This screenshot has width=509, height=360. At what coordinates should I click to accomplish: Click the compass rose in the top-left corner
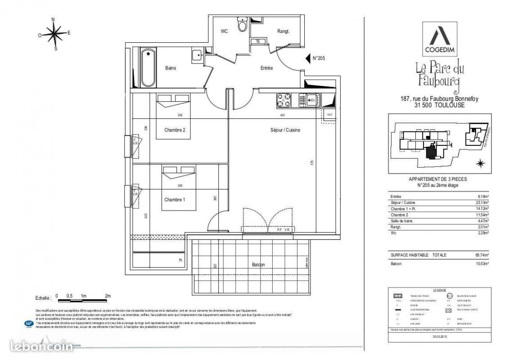point(54,33)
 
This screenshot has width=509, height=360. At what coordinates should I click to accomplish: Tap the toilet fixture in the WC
point(243,27)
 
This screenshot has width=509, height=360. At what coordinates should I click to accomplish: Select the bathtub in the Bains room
point(148,67)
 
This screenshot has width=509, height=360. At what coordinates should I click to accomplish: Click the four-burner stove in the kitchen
point(284,100)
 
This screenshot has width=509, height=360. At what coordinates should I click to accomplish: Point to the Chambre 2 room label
point(175,130)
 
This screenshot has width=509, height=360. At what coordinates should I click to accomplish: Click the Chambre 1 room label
point(175,200)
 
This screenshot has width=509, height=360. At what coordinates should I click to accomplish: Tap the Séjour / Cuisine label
point(285,130)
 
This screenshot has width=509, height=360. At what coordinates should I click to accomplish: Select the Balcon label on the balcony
point(258,265)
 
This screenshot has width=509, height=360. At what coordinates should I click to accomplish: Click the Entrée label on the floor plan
point(267,68)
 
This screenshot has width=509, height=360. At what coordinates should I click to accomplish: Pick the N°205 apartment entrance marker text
point(319,58)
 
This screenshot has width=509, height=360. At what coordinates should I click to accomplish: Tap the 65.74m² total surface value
point(482,255)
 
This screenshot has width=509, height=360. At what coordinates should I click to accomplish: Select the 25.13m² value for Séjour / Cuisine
point(482,202)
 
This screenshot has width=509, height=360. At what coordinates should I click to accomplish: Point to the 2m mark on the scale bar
point(108,296)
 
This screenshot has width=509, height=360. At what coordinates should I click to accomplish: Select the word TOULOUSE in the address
point(450,105)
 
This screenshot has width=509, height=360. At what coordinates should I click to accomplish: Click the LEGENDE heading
point(439,290)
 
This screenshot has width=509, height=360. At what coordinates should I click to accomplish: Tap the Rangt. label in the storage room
point(283,31)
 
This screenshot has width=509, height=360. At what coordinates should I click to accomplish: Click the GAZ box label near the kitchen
point(329,115)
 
